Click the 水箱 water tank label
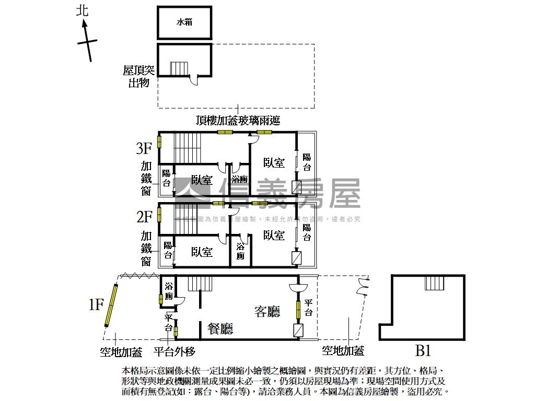click(x=184, y=22)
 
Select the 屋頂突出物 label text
click(x=138, y=76)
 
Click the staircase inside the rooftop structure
click(x=178, y=69)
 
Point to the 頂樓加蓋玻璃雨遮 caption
click(x=238, y=121)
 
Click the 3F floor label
click(x=144, y=149)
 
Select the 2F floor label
click(x=144, y=216)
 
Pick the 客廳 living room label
click(x=267, y=312)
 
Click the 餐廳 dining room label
click(x=220, y=328)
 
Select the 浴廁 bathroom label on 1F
click(x=169, y=291)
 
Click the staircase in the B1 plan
click(x=434, y=282)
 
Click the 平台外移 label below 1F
click(x=175, y=351)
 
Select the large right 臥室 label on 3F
click(x=274, y=163)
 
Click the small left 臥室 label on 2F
click(x=202, y=252)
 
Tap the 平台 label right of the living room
click(x=308, y=308)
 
